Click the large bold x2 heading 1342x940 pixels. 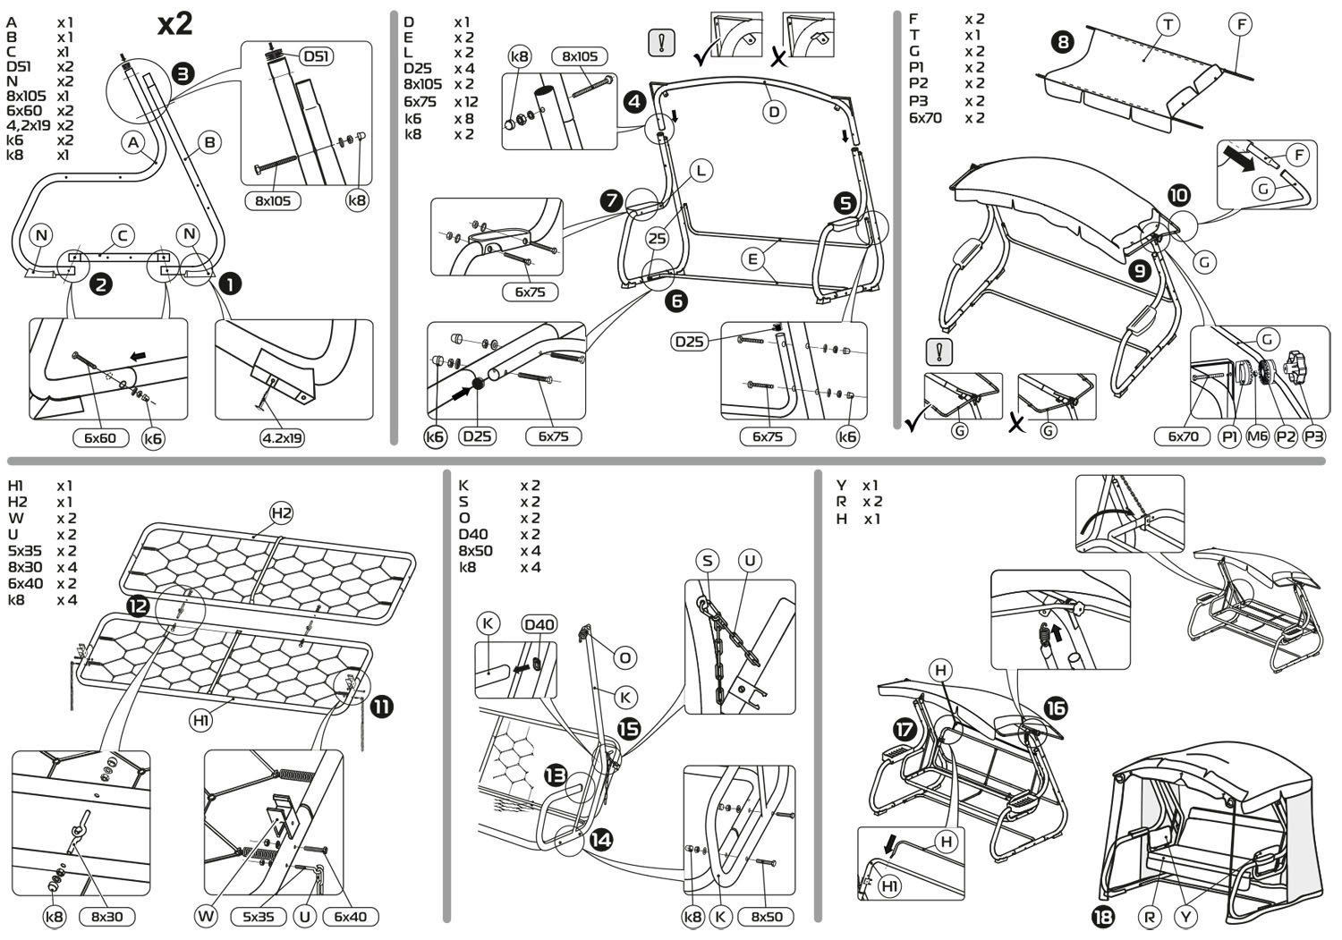[174, 23]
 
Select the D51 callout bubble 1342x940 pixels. [314, 56]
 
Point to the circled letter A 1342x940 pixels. [134, 141]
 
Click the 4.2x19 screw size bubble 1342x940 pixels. [282, 438]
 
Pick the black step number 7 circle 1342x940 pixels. [612, 201]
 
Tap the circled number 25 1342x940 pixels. [658, 239]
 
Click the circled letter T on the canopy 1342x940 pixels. [1167, 25]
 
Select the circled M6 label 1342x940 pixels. [1258, 436]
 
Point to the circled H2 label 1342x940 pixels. [282, 512]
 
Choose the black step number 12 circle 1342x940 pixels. [138, 606]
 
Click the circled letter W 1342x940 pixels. [207, 916]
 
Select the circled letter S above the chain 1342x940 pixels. [708, 561]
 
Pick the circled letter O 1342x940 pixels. [625, 657]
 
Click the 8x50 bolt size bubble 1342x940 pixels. [765, 917]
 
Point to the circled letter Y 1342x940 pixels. [1186, 917]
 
